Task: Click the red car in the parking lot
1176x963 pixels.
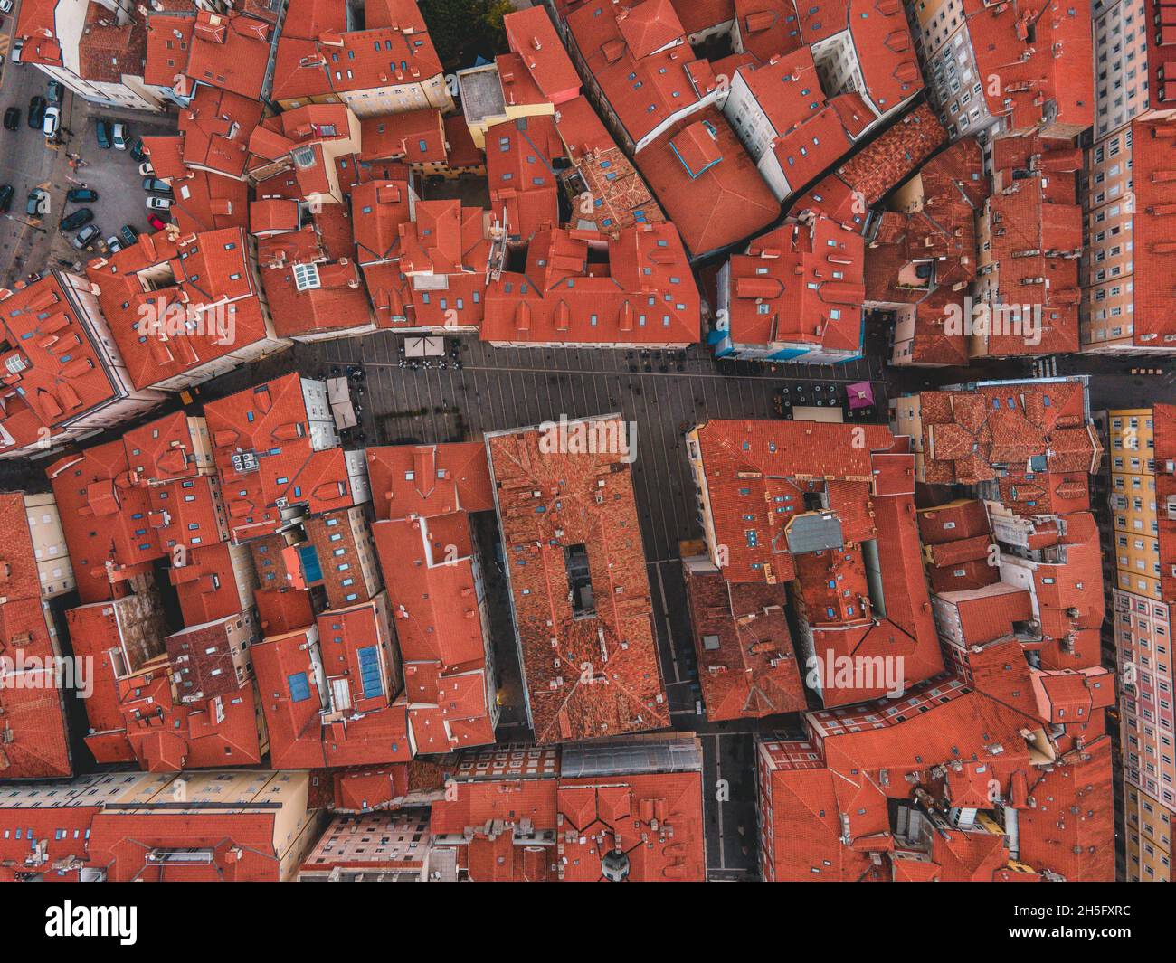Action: point(156,222)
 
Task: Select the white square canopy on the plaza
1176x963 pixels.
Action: point(421,345)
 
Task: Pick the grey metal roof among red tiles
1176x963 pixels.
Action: point(813,533)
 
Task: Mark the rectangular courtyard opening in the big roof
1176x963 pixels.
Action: point(580,579)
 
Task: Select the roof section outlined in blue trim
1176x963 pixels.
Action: point(695,148)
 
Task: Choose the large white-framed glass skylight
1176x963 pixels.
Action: point(306,274)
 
